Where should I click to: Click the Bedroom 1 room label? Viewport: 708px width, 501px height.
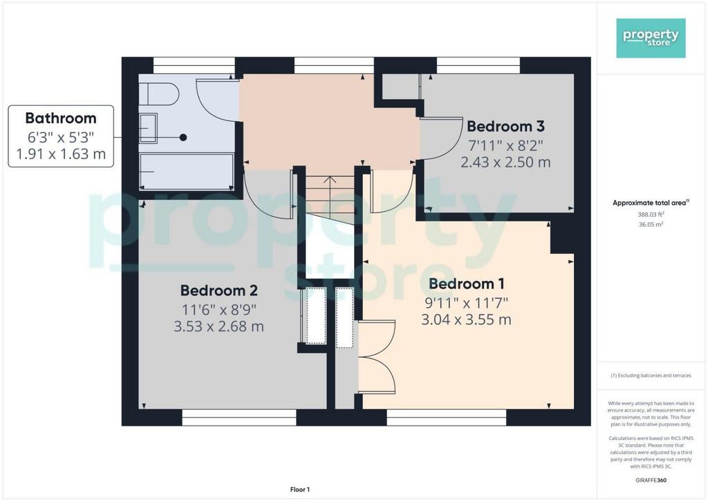467,284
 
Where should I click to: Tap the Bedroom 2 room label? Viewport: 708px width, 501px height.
219,290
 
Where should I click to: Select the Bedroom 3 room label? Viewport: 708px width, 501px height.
505,126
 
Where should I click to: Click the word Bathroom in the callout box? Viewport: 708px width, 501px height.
61,118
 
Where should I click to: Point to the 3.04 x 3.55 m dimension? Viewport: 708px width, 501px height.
467,320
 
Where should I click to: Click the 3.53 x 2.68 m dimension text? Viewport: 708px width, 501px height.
219,326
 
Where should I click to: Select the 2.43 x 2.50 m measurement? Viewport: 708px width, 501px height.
505,162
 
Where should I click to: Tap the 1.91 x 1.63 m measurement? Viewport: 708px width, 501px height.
61,154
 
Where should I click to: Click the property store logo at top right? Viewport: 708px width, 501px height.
651,38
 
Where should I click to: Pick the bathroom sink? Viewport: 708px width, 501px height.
148,128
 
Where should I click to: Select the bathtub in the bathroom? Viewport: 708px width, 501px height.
186,172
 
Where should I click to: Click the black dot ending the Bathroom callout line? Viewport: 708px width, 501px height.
183,137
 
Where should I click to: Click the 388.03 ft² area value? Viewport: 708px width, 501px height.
651,215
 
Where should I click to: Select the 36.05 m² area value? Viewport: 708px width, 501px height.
651,224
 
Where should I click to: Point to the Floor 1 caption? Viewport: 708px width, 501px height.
300,489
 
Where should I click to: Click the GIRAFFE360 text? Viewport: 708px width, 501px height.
651,480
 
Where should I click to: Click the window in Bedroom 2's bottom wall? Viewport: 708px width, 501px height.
239,417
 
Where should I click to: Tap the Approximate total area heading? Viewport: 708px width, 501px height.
651,203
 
